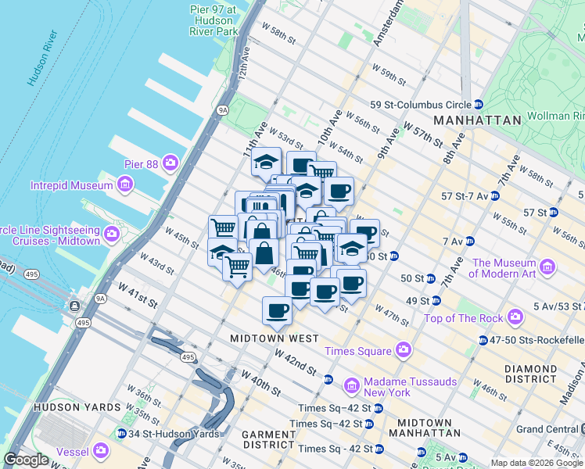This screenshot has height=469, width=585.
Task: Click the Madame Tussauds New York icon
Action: click(350, 385)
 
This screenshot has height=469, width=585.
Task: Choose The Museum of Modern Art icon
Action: click(547, 269)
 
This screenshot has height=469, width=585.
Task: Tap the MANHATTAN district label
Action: click(477, 120)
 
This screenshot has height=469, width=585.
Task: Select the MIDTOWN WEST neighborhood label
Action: click(275, 338)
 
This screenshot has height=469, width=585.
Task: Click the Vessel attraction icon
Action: click(101, 450)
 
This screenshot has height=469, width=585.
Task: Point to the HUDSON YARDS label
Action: click(77, 407)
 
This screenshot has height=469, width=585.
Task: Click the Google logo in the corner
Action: click(26, 459)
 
